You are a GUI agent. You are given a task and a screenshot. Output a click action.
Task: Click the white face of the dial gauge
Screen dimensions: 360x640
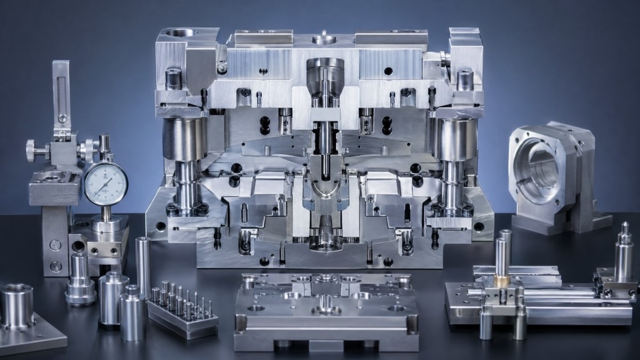(x=106, y=183)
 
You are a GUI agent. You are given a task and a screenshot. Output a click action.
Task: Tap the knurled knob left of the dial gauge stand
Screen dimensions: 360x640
(x=31, y=151)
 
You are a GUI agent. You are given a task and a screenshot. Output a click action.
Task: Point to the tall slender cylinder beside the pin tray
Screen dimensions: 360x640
(x=143, y=267)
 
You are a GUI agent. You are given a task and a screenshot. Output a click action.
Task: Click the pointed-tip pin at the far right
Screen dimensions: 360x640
(x=623, y=253)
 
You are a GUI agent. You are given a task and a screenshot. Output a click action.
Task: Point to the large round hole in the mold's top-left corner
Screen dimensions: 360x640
(x=181, y=33)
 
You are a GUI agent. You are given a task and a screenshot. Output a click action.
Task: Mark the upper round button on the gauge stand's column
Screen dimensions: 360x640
(x=55, y=245)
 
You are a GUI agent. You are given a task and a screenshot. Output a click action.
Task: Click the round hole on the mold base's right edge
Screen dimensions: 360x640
(x=478, y=227)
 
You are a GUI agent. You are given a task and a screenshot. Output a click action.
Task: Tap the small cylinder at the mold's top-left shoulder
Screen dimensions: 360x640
(x=173, y=79)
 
